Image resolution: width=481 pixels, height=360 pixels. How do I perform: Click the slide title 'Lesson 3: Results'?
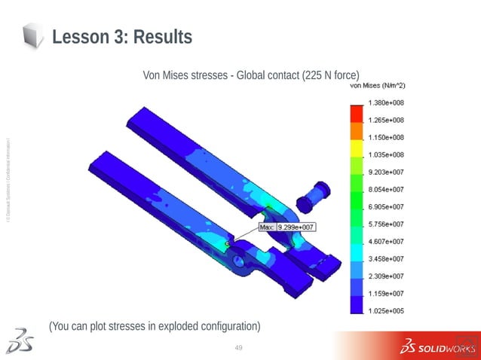click(x=121, y=36)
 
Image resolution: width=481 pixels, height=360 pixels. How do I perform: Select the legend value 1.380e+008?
click(x=385, y=102)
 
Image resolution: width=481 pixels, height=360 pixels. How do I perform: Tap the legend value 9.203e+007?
click(x=385, y=172)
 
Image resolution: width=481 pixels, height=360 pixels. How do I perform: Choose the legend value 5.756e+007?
click(x=385, y=224)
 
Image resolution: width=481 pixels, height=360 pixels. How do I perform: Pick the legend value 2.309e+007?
click(x=385, y=276)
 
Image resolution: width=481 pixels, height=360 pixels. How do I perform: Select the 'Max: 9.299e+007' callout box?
click(x=286, y=226)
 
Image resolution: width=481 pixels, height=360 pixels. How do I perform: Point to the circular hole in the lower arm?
click(x=240, y=260)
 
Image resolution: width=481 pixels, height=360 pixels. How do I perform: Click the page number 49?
click(x=240, y=347)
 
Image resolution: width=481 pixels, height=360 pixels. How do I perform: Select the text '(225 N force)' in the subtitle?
click(x=330, y=75)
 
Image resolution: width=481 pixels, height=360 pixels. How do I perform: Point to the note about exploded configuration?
click(x=155, y=326)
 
